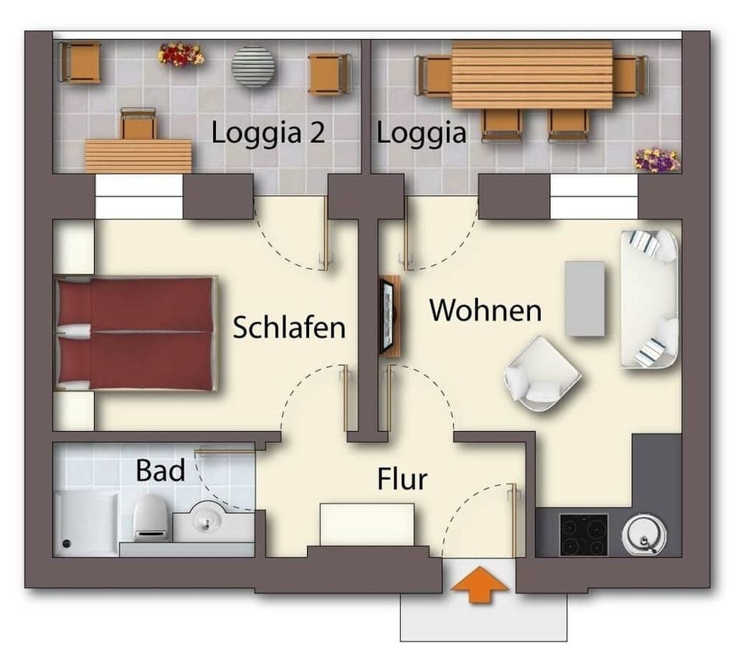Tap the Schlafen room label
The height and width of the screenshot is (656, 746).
tap(289, 328)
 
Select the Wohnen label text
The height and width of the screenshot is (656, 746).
tap(485, 311)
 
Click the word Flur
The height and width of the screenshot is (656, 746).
tap(402, 480)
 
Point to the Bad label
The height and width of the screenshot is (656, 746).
tap(160, 470)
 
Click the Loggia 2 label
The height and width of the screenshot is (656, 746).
tap(268, 133)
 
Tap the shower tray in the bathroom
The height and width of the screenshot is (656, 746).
tap(85, 523)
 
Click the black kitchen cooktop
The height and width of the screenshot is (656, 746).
tap(583, 535)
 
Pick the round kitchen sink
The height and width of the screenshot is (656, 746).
tap(644, 535)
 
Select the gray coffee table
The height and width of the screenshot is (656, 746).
tap(584, 299)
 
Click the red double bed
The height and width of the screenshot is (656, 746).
tap(136, 333)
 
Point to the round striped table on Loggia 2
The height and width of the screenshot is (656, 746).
tap(253, 66)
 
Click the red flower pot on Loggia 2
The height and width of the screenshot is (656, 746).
tap(180, 54)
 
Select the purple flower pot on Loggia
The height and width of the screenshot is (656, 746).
tap(657, 160)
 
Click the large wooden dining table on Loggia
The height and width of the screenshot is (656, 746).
tap(532, 75)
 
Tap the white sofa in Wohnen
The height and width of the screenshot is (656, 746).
tap(650, 299)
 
